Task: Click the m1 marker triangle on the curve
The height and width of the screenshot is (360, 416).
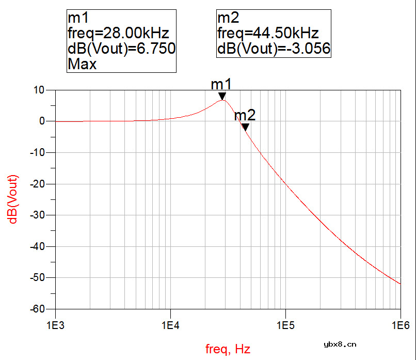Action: tap(222, 96)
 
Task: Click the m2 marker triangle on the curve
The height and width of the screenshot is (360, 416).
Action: tap(246, 127)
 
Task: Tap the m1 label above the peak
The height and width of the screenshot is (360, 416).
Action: tap(222, 85)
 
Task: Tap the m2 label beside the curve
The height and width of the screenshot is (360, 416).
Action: tap(245, 115)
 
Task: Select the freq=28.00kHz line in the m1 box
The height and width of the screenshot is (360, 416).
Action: tap(118, 34)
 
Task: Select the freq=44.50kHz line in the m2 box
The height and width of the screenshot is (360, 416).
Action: tap(268, 34)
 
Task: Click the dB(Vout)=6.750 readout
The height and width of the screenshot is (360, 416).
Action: tap(122, 49)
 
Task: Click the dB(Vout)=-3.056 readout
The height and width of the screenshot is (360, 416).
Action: tap(274, 49)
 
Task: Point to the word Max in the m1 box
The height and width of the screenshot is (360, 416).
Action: tap(82, 65)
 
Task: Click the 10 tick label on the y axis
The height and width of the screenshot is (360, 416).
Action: tap(39, 90)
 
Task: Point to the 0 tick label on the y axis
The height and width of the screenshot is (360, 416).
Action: tap(43, 121)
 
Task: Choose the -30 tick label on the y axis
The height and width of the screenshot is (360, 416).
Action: tap(37, 215)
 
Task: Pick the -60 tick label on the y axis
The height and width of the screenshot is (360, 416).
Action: tap(37, 309)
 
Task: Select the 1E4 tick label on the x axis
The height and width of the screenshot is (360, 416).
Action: tap(170, 325)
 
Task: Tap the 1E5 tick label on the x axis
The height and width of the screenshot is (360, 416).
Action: tap(285, 325)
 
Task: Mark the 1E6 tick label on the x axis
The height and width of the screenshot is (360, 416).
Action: tap(401, 325)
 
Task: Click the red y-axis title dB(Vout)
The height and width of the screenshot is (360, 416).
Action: tap(14, 199)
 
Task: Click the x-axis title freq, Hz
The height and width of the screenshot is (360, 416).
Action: tap(228, 349)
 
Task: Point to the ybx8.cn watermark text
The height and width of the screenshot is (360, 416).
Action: tap(339, 344)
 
